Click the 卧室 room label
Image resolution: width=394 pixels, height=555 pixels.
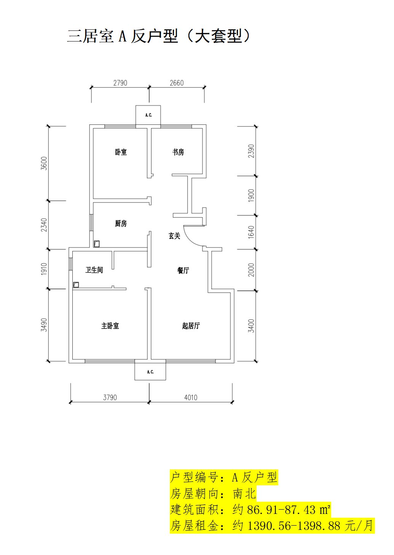click(x=121, y=152)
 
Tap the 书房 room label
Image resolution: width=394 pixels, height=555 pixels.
click(x=178, y=152)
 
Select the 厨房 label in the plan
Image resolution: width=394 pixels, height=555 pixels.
click(x=121, y=223)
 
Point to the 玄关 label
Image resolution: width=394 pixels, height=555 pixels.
click(x=174, y=236)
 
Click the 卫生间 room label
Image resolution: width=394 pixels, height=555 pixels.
click(x=94, y=270)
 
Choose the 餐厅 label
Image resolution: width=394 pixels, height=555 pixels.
click(x=183, y=270)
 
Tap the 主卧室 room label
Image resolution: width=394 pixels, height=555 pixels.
click(x=110, y=326)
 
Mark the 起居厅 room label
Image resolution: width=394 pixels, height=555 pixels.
click(x=191, y=326)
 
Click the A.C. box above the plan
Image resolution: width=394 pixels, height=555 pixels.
click(x=148, y=115)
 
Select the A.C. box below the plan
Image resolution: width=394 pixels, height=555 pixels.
click(x=150, y=372)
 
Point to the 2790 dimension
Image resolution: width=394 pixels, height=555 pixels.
click(x=120, y=83)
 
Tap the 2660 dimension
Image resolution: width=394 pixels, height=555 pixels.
click(x=177, y=83)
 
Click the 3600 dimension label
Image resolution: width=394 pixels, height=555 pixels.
click(x=44, y=163)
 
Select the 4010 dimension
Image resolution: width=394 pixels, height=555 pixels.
click(x=191, y=398)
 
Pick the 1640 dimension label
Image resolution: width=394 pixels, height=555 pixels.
click(x=251, y=232)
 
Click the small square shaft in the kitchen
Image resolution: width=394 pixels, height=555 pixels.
click(x=97, y=244)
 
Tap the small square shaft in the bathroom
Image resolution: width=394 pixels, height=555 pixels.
click(x=76, y=285)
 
